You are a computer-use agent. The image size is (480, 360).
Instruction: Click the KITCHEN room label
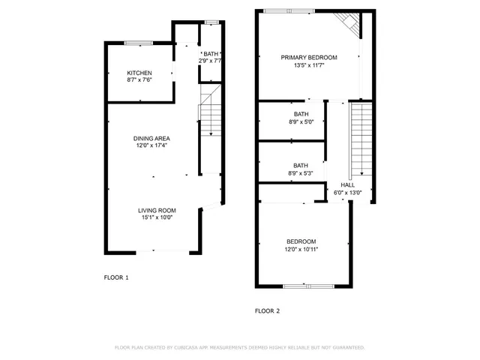pos(139,73)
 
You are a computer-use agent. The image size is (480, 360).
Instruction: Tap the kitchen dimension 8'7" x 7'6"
pos(139,80)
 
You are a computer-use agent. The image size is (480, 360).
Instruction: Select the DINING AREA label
pos(151,139)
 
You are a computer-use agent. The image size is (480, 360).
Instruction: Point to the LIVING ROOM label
pos(157,211)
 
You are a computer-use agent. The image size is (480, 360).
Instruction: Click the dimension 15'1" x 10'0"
pos(157,218)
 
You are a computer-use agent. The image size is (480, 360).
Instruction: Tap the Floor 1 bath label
pos(211,54)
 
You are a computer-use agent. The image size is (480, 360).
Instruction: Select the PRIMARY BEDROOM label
pos(309,58)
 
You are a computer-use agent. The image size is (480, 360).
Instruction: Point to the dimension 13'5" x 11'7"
pos(309,65)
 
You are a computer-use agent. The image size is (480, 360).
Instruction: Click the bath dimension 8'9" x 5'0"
pos(301,122)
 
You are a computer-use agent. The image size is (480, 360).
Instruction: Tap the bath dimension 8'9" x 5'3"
pos(301,173)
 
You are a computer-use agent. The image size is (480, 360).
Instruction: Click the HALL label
pos(348,184)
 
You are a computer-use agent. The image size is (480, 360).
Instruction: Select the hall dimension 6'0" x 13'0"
pos(348,193)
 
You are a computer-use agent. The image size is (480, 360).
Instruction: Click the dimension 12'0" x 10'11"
pos(301,250)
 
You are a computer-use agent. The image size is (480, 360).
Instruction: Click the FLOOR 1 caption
pos(116,277)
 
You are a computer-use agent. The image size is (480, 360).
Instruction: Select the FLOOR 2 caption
pos(267,310)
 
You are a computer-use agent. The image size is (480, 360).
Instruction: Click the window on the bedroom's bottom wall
pos(305,286)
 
